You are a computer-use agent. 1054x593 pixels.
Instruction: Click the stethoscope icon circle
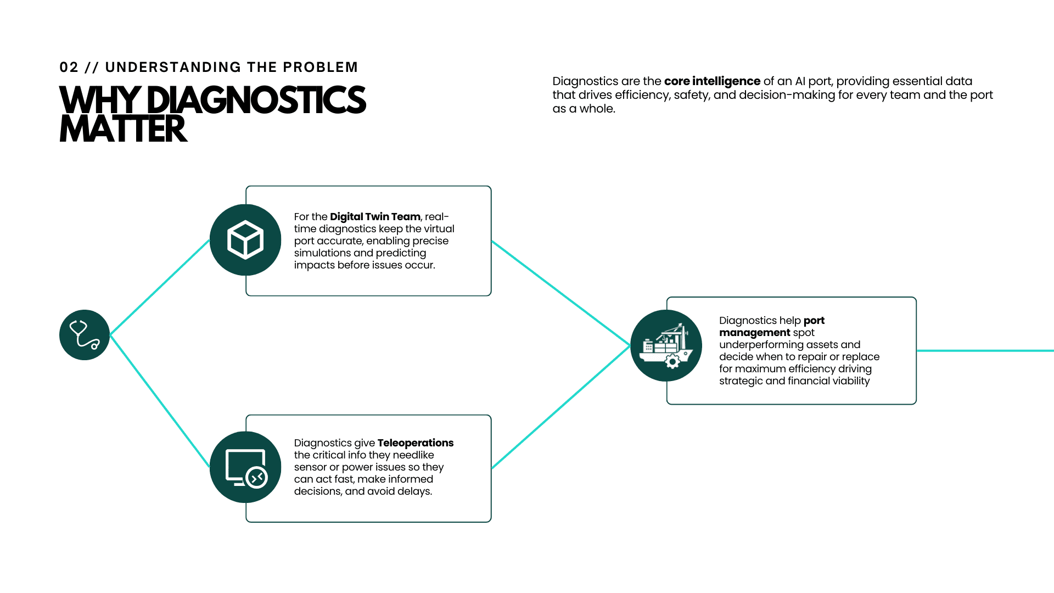(85, 335)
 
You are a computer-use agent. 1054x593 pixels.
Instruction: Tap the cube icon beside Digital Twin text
(245, 240)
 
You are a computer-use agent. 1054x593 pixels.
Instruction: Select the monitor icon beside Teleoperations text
(245, 467)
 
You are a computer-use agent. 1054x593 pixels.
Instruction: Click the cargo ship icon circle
(666, 345)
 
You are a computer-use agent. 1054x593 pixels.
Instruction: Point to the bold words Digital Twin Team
(375, 217)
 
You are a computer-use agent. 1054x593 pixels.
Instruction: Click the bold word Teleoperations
(416, 443)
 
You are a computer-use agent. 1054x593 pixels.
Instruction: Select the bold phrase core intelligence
(712, 81)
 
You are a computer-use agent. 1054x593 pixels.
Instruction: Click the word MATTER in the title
(123, 130)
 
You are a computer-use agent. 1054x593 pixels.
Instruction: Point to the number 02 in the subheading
(69, 68)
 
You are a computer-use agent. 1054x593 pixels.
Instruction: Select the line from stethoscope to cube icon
(160, 287)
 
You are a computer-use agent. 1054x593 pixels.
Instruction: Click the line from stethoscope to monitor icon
(160, 401)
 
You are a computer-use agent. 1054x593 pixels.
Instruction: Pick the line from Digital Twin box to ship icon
(560, 293)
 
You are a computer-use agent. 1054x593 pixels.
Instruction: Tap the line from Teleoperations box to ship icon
(560, 407)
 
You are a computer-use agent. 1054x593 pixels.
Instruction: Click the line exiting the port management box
(985, 351)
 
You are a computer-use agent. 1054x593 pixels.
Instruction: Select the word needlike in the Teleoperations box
(413, 455)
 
